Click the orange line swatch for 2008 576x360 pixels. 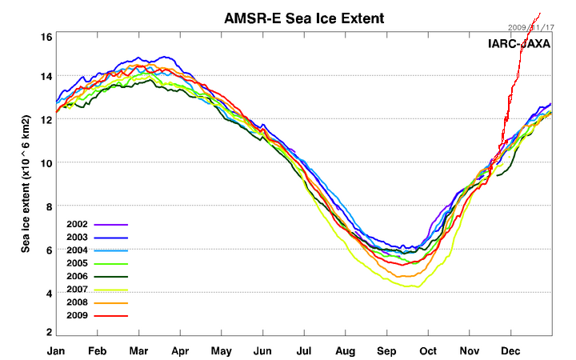[111, 303]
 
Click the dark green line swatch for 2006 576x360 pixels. [111, 277]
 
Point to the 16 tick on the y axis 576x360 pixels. [47, 38]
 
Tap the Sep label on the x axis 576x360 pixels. [386, 350]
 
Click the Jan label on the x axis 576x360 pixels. [56, 350]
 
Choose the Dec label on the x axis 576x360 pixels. [510, 350]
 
